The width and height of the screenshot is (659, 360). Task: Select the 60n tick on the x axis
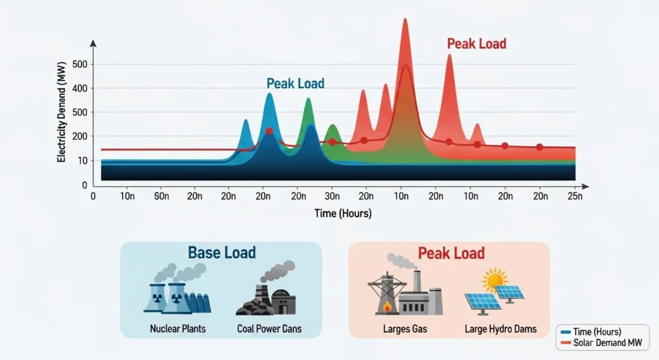[x=161, y=196]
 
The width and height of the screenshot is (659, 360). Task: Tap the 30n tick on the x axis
[x=332, y=196]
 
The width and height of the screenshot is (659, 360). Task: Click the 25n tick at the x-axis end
[x=575, y=196]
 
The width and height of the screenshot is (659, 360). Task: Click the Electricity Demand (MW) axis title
[x=62, y=116]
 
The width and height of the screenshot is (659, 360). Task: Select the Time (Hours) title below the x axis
[x=342, y=213]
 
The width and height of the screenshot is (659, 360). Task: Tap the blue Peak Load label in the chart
[x=295, y=84]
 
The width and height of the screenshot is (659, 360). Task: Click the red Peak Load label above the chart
[x=476, y=44]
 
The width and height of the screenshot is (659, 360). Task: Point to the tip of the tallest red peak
[x=405, y=19]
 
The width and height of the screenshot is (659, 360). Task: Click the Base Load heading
[x=221, y=252]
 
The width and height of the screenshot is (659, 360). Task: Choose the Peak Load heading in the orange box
[x=451, y=252]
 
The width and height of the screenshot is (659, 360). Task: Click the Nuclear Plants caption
[x=178, y=329]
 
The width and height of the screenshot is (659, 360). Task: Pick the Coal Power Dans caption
[x=269, y=329]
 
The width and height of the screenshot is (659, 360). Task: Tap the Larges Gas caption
[x=405, y=329]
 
